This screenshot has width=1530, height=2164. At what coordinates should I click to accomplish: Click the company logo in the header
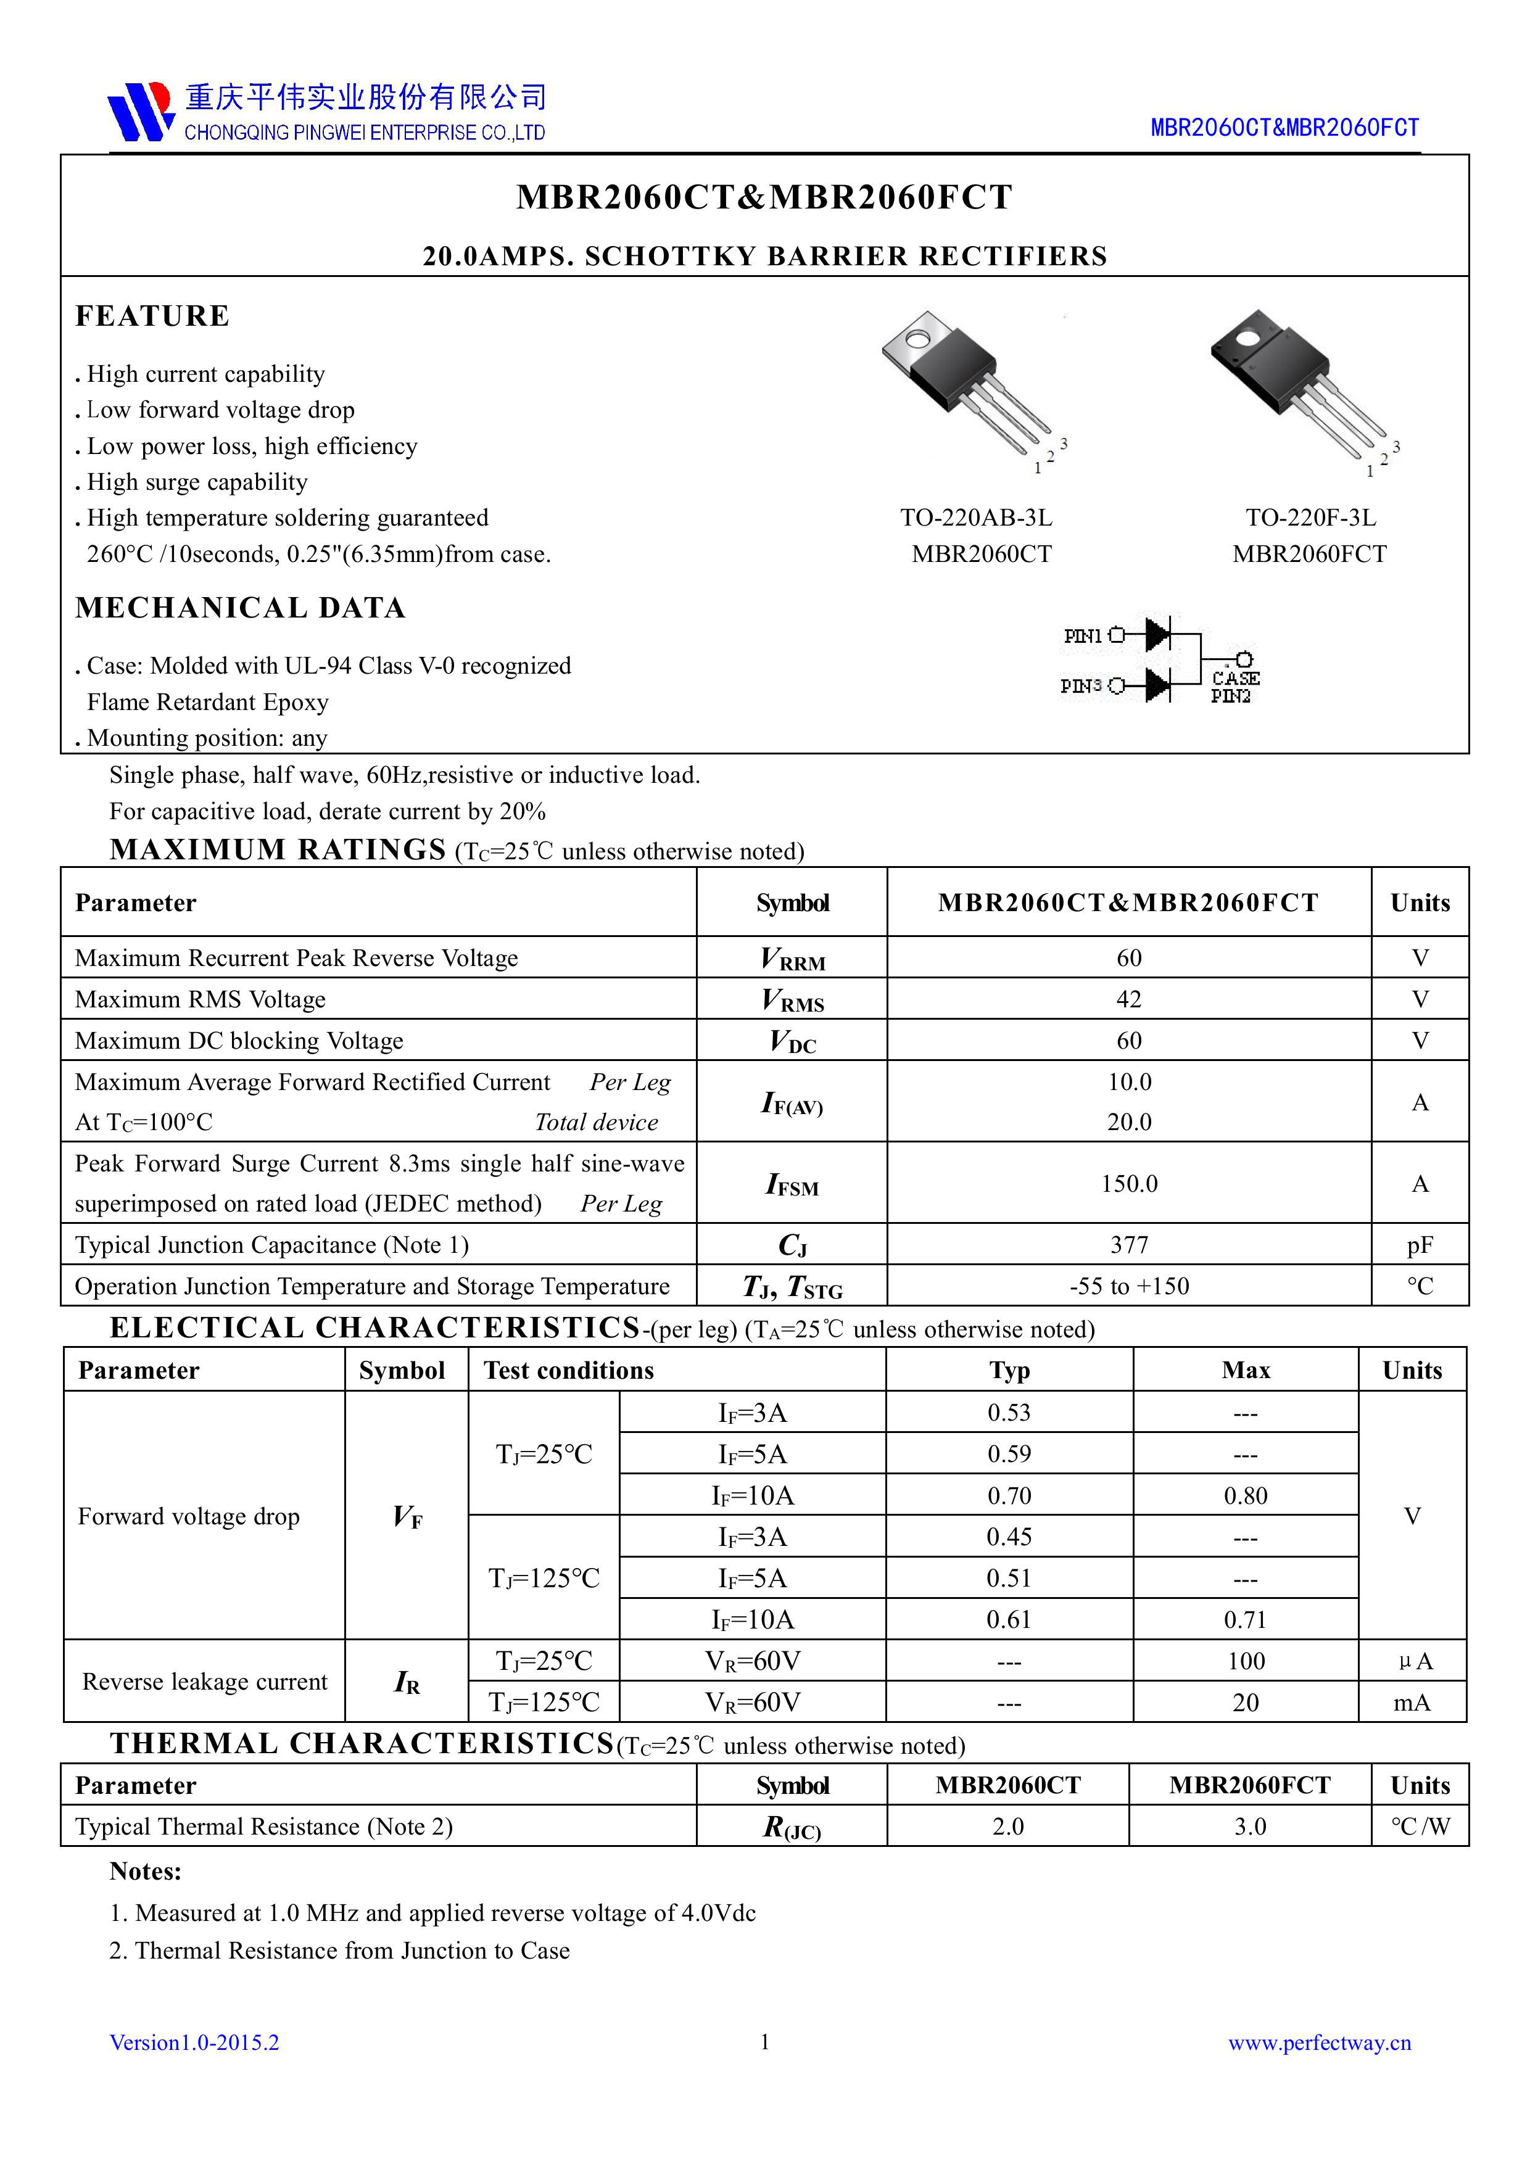tap(141, 111)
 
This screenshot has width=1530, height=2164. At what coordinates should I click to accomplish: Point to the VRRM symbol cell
tap(792, 959)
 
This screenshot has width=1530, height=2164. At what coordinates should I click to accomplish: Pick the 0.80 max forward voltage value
tap(1246, 1496)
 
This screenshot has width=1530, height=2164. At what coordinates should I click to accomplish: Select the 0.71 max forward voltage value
tap(1246, 1620)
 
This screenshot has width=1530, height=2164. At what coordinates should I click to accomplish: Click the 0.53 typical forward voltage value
tap(1009, 1413)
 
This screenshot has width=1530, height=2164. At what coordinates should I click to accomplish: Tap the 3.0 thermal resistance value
tap(1250, 1827)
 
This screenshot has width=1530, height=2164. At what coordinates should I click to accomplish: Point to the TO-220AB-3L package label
tap(976, 518)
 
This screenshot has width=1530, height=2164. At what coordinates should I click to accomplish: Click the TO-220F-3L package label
tap(1310, 518)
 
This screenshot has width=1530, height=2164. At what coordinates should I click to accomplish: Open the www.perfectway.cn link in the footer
tap(1319, 2043)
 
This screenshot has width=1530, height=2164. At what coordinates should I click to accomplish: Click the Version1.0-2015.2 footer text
tap(194, 2043)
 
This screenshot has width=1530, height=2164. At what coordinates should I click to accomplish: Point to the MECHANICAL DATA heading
tap(241, 608)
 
